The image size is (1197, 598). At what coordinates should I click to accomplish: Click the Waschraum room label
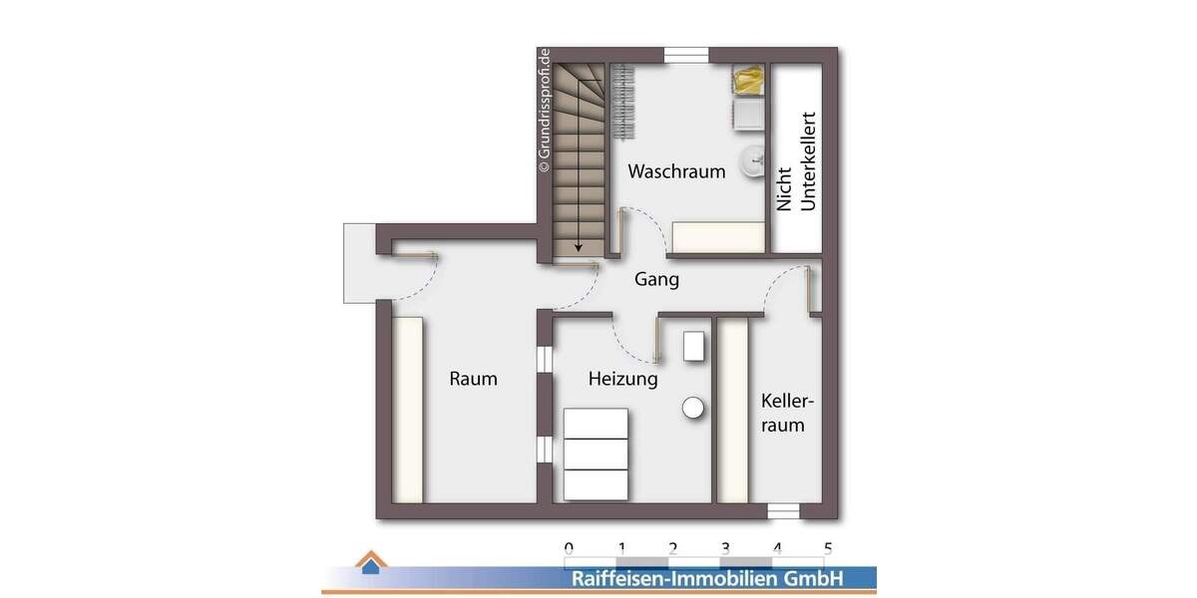click(675, 171)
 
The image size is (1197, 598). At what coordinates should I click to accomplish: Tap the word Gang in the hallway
click(656, 280)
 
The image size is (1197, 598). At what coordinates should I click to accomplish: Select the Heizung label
click(622, 380)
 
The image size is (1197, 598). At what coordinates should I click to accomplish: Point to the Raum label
click(473, 380)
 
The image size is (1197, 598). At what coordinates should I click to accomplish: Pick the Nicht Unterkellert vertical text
click(796, 160)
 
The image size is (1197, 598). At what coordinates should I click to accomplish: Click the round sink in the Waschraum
click(753, 161)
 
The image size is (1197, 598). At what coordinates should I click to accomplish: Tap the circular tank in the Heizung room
click(693, 408)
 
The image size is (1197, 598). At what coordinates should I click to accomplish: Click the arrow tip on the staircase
click(578, 248)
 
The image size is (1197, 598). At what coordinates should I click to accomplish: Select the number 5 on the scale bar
click(828, 547)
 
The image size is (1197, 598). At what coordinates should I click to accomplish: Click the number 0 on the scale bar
click(569, 547)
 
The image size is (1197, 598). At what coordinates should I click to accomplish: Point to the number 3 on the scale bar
click(724, 547)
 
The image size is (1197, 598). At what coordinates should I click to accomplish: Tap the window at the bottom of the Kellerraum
click(784, 511)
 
